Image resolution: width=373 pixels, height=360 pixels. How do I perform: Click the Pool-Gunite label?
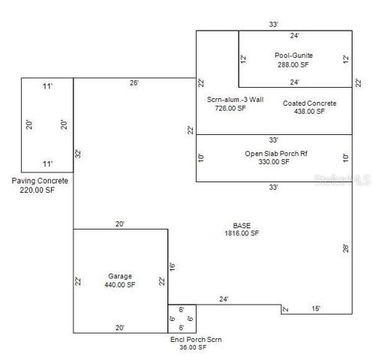tap(293, 55)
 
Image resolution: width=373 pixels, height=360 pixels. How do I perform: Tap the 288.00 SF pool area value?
tap(293, 64)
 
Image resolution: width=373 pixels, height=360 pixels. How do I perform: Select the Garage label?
tap(120, 276)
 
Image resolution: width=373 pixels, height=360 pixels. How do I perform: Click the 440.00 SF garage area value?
tap(120, 284)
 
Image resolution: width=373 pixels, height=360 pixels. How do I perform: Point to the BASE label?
tap(242, 226)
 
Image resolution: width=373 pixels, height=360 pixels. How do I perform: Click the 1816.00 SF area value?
tap(242, 233)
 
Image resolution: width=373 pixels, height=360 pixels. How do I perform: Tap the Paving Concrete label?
tap(40, 181)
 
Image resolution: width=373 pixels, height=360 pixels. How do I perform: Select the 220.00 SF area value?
tap(38, 190)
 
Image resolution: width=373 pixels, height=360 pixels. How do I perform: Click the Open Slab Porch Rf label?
tap(276, 154)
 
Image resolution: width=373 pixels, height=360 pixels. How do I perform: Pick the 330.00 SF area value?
tap(274, 162)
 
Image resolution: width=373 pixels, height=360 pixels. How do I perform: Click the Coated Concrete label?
tap(310, 103)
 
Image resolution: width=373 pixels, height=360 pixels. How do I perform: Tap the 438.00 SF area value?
tap(309, 111)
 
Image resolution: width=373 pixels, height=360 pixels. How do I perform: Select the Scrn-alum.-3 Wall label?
tap(235, 100)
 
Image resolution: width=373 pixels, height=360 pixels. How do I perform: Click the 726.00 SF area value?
tap(230, 108)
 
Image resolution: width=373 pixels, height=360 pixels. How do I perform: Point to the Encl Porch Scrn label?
tap(196, 339)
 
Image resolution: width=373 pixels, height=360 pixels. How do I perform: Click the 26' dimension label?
tap(134, 82)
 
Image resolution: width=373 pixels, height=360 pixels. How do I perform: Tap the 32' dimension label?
tap(78, 154)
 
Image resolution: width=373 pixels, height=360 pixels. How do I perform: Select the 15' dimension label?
tap(316, 308)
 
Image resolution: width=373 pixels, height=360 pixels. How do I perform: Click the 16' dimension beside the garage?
tap(172, 267)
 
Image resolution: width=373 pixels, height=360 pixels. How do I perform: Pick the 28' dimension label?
tap(346, 248)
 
